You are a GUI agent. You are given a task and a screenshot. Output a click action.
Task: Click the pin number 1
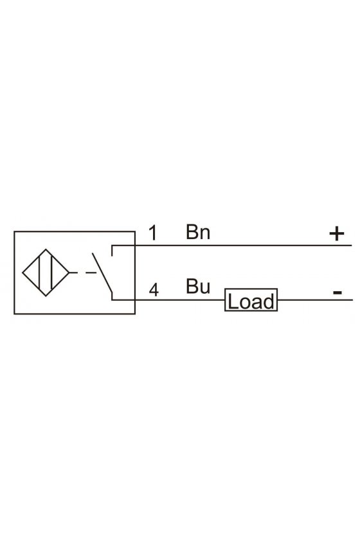153,233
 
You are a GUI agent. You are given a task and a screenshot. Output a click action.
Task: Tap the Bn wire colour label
198,232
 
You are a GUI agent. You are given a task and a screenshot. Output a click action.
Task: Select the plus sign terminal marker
337,234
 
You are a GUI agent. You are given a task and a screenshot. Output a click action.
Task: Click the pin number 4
154,290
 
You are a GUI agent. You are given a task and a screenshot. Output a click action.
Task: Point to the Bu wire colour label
198,286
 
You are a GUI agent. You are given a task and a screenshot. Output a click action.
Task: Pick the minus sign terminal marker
337,292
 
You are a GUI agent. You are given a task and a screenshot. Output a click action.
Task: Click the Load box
251,300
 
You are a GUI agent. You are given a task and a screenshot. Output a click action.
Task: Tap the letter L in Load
232,301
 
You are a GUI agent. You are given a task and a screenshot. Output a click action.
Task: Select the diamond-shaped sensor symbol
46,273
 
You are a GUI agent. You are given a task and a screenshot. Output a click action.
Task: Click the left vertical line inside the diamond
40,273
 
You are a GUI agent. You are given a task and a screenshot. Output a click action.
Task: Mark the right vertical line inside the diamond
51,273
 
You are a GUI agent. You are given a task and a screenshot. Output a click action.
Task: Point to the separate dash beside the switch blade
91,273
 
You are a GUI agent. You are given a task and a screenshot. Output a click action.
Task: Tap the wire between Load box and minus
314,300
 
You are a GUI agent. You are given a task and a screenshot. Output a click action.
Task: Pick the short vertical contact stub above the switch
112,251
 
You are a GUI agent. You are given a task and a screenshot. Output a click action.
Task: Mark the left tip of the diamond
22,273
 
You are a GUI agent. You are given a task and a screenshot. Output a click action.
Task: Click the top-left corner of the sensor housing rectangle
15,232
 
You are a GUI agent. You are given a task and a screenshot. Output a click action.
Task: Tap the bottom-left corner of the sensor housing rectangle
15,314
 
